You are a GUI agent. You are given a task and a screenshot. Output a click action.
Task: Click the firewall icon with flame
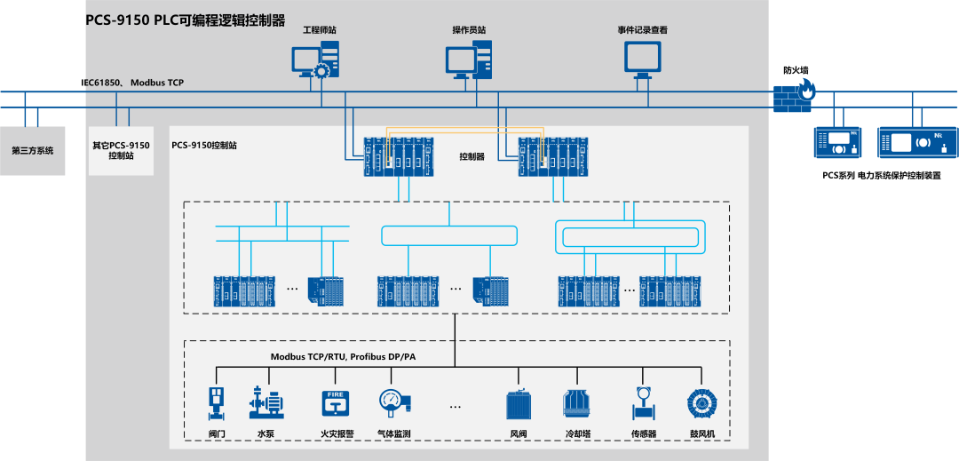coord(793,94)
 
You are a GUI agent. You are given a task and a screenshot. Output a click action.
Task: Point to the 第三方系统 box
coord(33,150)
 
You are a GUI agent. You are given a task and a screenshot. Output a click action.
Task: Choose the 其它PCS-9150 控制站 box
coord(121,150)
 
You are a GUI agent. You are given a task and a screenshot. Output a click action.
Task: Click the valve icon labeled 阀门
coord(216,402)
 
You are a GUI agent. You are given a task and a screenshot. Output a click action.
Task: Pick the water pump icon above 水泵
coord(266,402)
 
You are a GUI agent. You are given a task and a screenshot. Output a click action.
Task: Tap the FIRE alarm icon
coord(334,402)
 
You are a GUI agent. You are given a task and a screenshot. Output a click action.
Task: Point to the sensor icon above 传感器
coord(642,402)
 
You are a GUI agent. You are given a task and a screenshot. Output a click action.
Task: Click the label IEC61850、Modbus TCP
coord(132,83)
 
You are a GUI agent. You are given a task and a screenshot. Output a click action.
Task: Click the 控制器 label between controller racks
coord(472,157)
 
